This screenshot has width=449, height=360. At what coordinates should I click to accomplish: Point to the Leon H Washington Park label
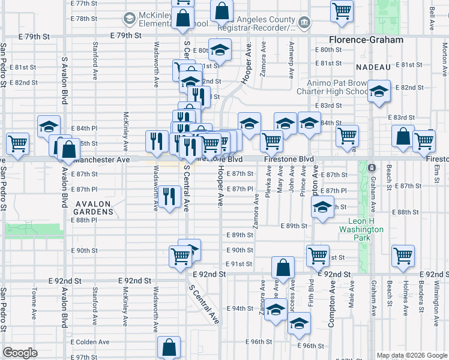361,229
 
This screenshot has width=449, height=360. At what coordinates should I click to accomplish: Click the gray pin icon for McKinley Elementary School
128,19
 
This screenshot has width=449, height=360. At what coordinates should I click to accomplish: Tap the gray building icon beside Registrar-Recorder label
304,23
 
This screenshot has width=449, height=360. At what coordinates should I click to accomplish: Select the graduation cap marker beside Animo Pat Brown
379,92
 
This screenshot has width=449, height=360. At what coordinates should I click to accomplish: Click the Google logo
20,353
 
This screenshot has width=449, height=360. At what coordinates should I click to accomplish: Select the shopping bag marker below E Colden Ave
169,346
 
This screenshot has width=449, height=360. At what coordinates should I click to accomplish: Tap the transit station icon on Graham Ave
372,167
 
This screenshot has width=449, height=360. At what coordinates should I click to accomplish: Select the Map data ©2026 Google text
411,355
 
